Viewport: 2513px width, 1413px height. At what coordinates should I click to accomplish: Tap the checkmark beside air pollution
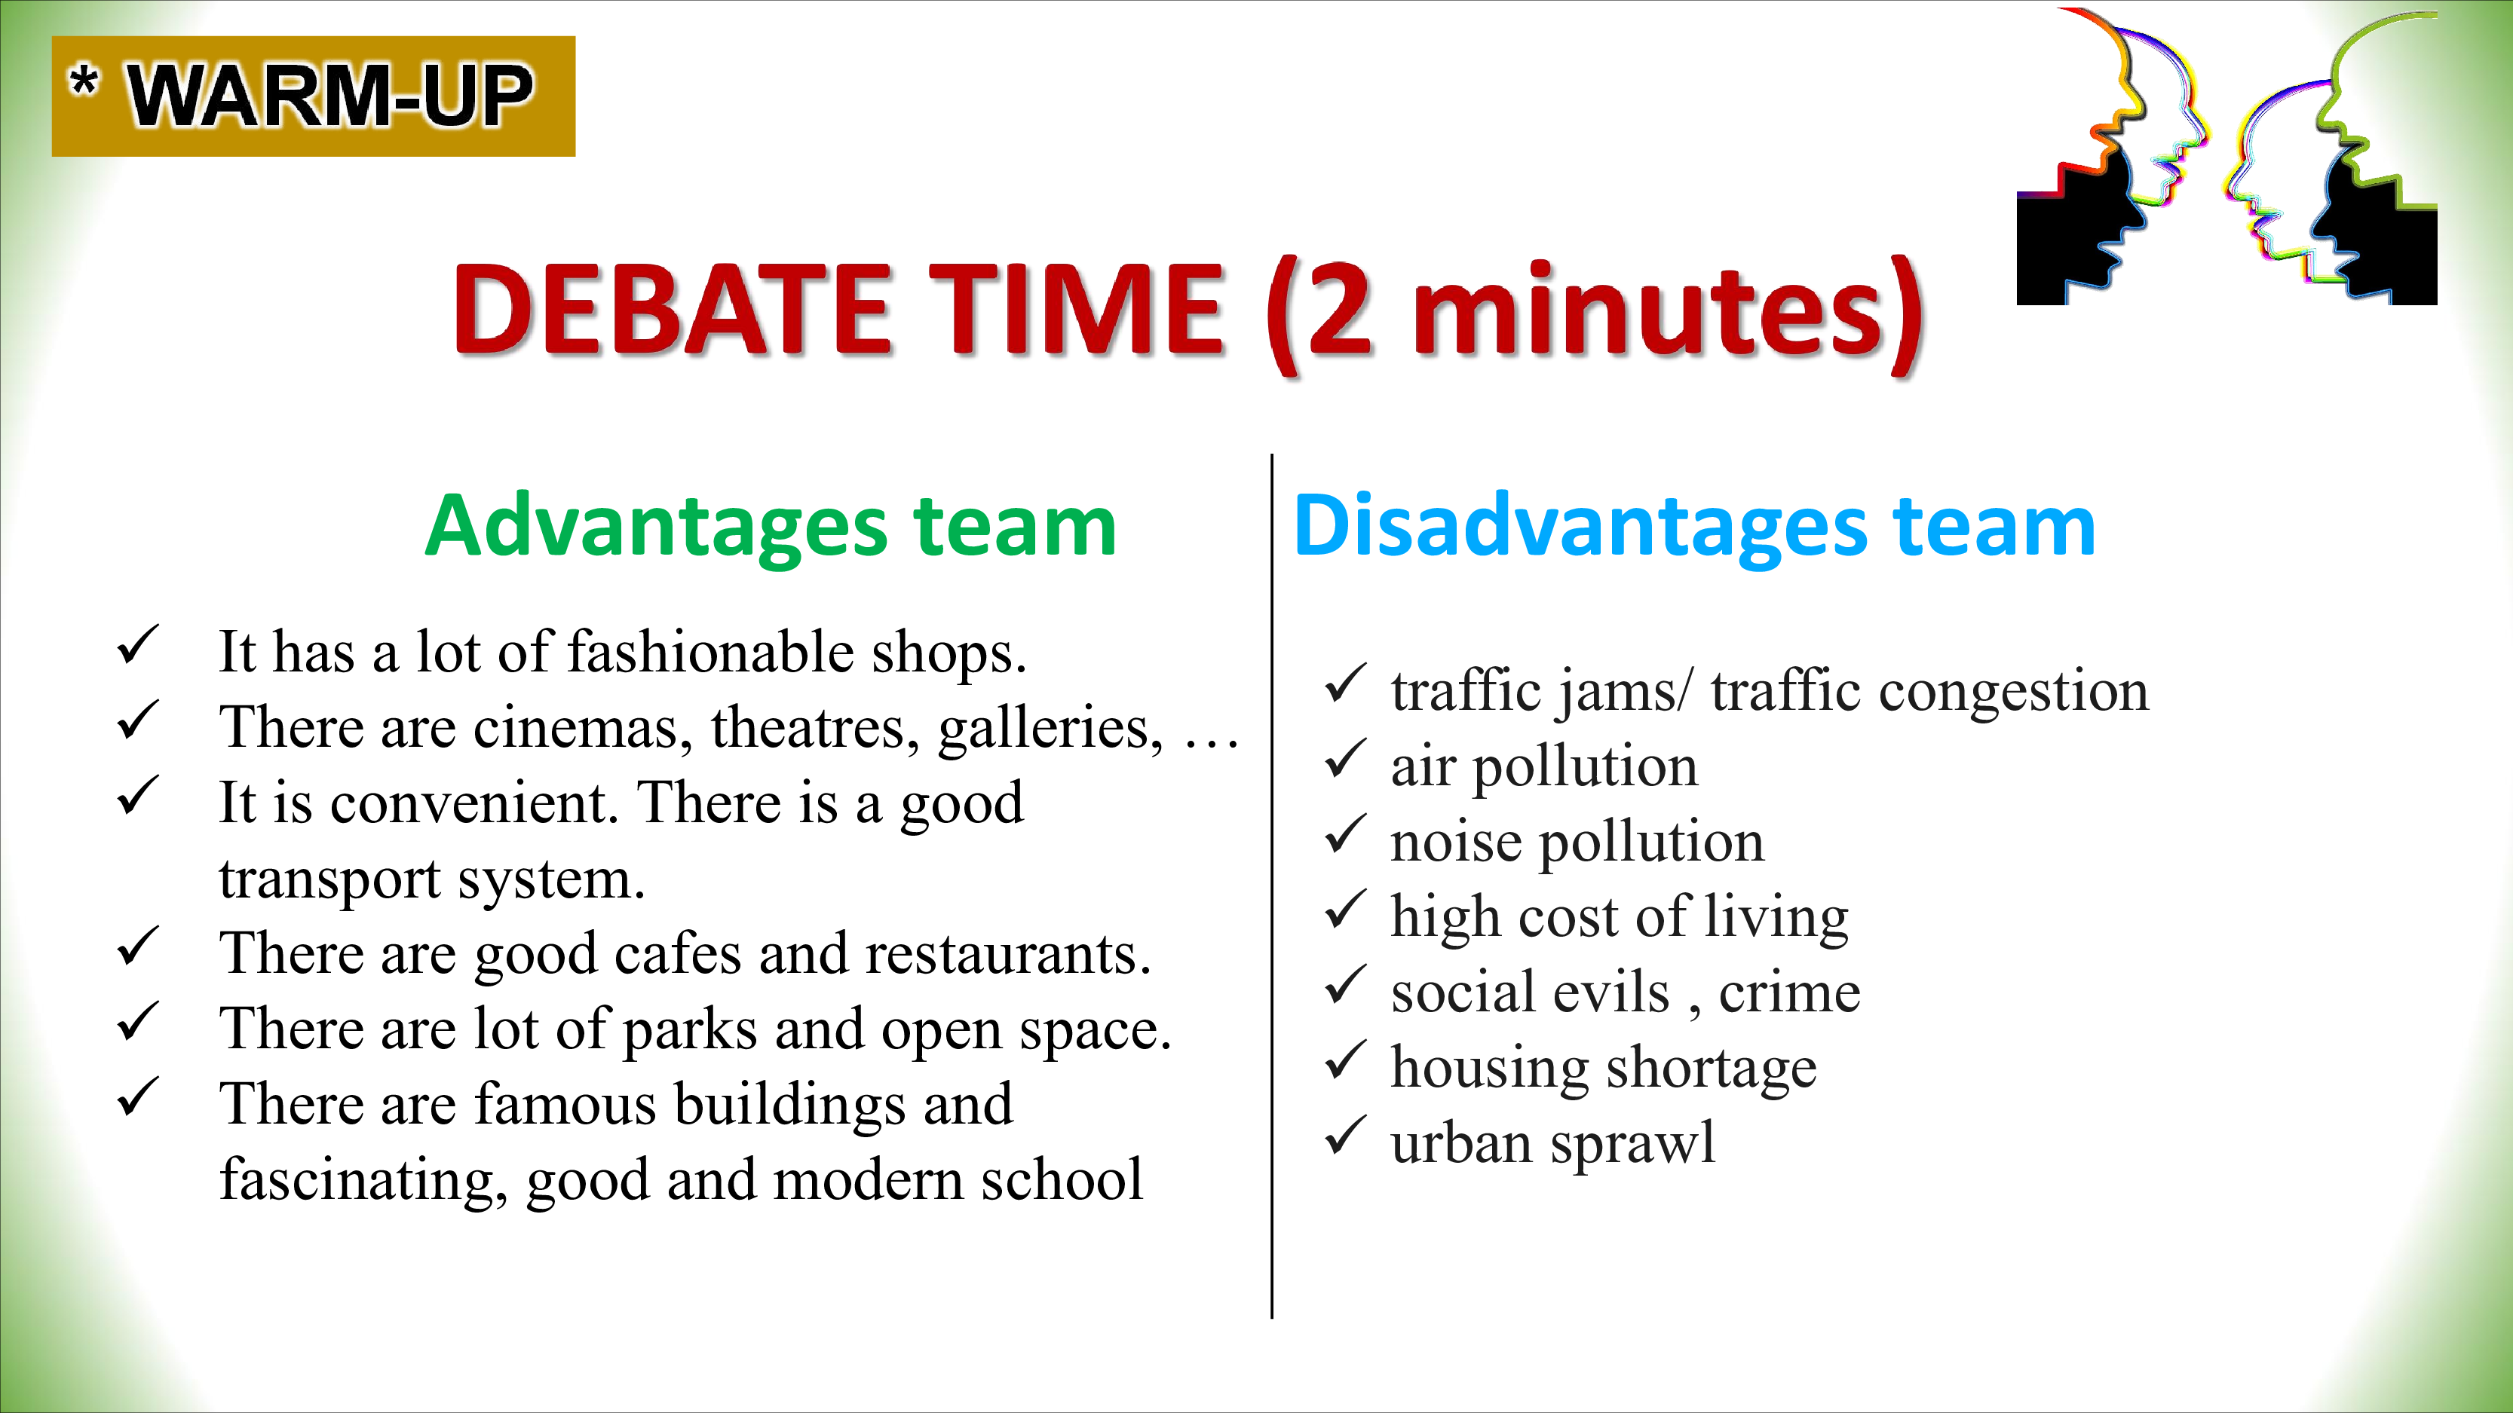pos(1347,760)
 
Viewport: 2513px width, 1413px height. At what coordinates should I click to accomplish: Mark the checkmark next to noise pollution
pos(1347,835)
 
